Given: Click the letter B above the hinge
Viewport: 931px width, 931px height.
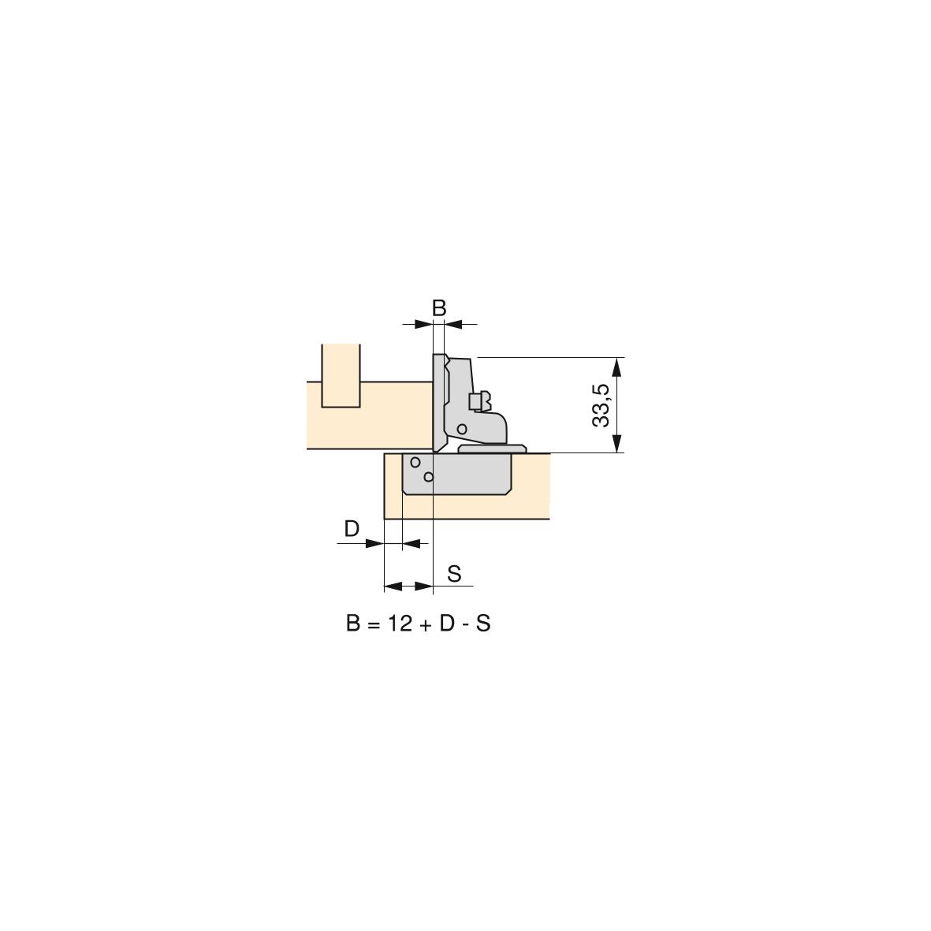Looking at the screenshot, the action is [439, 308].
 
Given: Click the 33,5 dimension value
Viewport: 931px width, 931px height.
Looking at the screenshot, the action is [601, 405].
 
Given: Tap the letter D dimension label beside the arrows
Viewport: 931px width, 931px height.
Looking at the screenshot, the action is [352, 528].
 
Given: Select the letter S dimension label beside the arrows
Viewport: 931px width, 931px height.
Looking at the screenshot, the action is [454, 574].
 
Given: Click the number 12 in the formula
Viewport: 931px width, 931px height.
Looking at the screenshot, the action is [400, 624].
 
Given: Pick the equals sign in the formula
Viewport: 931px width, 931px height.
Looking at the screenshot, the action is [373, 625].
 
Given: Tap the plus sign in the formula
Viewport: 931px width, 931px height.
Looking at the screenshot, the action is [425, 625].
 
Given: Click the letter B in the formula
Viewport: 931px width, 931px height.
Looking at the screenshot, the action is [353, 624].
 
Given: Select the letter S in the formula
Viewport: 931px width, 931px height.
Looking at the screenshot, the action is [483, 624].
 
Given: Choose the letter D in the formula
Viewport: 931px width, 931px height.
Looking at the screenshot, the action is [447, 624].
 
